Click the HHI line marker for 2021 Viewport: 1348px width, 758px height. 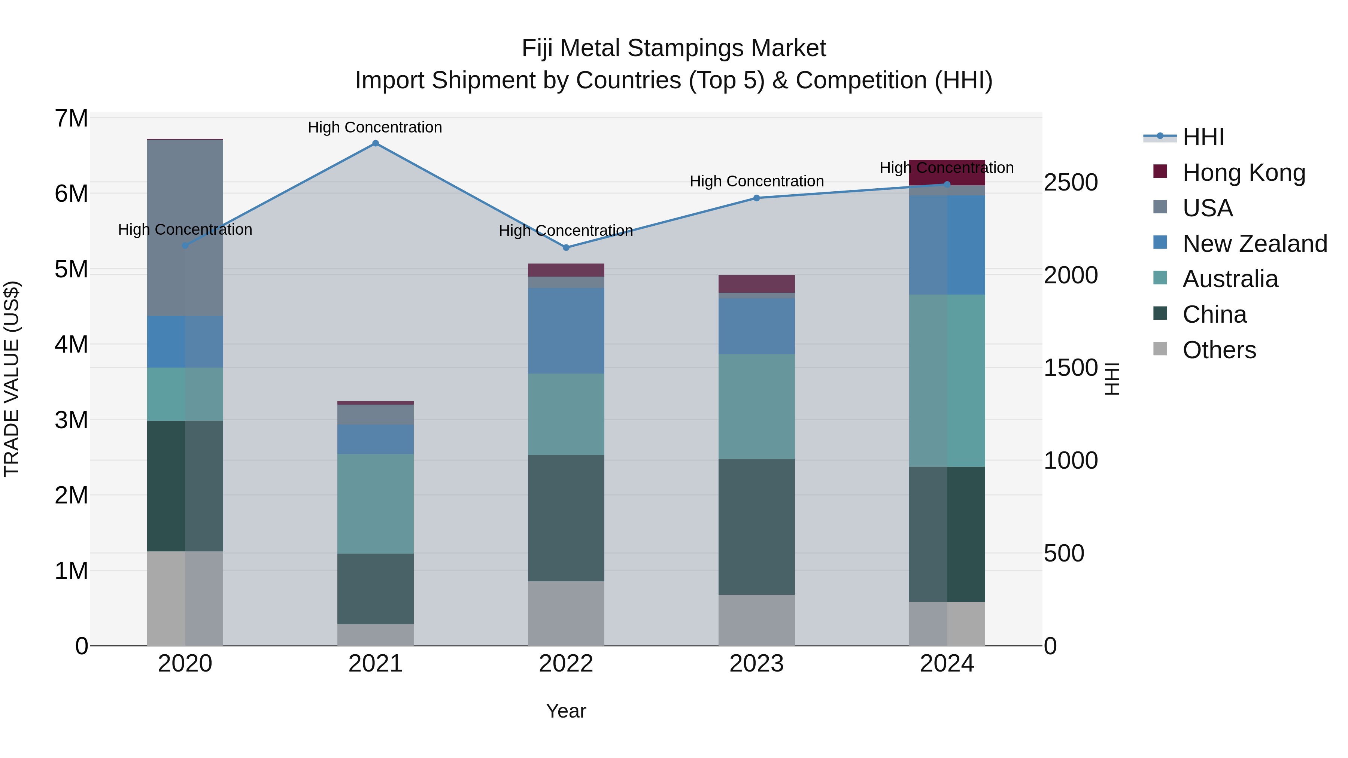[x=375, y=143]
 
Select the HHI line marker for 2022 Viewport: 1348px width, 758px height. [x=566, y=247]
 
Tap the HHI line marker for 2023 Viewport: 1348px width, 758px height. [x=756, y=198]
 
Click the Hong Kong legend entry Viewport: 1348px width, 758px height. [x=1243, y=172]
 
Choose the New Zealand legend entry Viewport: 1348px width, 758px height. [x=1254, y=243]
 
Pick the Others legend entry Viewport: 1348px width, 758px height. [x=1219, y=350]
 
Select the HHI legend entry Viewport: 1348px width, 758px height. [x=1202, y=137]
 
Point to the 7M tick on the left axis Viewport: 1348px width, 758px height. [x=71, y=119]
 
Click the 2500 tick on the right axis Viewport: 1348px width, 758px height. [x=1071, y=183]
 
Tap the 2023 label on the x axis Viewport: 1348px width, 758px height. [x=756, y=664]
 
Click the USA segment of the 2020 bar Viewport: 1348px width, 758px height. [x=185, y=228]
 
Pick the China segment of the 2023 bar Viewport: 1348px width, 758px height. [x=756, y=526]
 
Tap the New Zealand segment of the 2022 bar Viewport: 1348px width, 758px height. [x=566, y=330]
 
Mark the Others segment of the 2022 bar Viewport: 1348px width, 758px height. [x=566, y=613]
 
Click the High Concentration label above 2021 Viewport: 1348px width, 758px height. [x=375, y=127]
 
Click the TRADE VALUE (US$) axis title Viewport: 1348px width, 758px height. [x=12, y=379]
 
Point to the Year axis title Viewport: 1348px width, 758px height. [x=566, y=711]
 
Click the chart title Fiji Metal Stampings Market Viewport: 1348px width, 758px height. [x=674, y=48]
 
